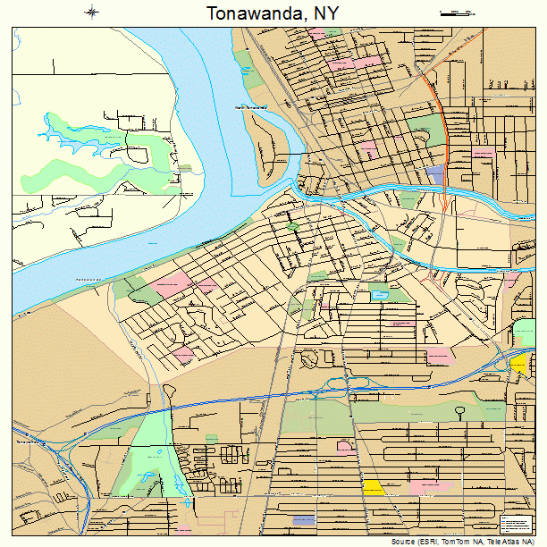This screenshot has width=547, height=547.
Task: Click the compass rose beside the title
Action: tap(92, 12)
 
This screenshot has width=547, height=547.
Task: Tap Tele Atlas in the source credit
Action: tap(497, 542)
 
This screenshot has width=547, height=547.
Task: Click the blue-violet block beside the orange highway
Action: tap(435, 172)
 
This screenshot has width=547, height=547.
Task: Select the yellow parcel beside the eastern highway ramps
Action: tap(519, 364)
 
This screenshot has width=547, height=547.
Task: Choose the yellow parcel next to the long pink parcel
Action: tap(373, 487)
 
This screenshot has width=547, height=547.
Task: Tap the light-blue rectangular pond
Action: tap(381, 294)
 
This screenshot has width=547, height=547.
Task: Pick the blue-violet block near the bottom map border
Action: tap(304, 519)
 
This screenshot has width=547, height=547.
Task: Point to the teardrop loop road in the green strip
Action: tap(459, 413)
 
